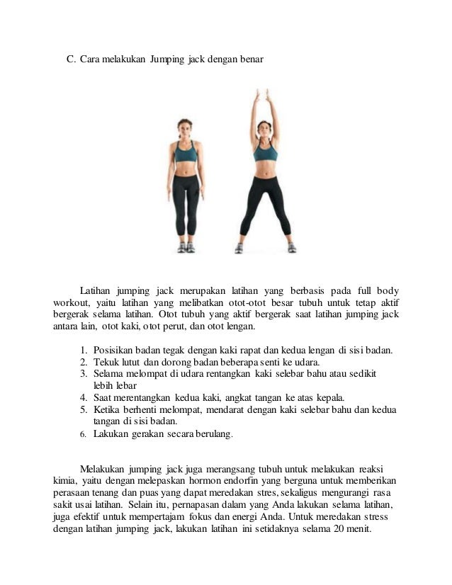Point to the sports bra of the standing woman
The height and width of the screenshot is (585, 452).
coord(186,152)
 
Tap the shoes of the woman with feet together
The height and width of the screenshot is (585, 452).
coord(186,247)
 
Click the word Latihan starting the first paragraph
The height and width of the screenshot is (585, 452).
coord(96,291)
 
